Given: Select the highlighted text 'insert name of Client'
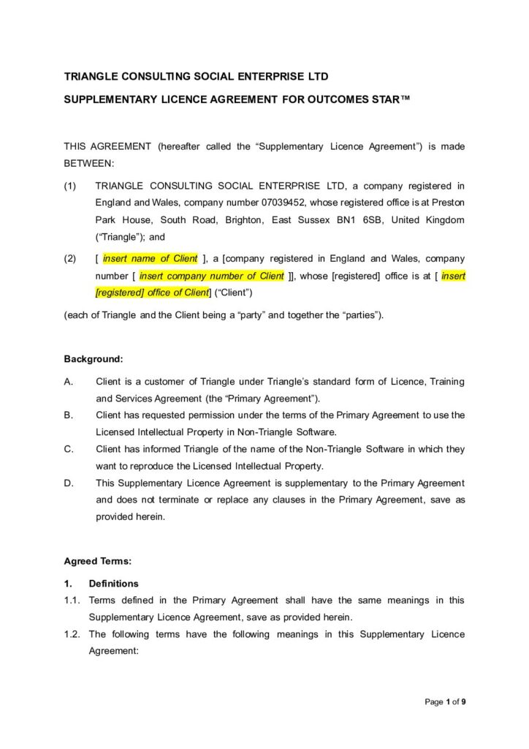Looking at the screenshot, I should click(x=150, y=259).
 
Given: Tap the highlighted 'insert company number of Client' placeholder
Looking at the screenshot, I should click(x=211, y=276).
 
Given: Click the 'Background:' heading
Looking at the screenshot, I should click(x=94, y=359).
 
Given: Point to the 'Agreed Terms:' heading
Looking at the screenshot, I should click(x=98, y=562).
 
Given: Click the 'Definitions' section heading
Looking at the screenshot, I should click(x=113, y=584).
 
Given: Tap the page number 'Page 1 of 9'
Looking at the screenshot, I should click(x=446, y=702).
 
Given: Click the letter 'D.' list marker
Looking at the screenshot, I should click(x=69, y=483).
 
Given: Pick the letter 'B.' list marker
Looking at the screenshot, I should click(x=69, y=415).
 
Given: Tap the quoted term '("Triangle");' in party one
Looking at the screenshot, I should click(x=121, y=237).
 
